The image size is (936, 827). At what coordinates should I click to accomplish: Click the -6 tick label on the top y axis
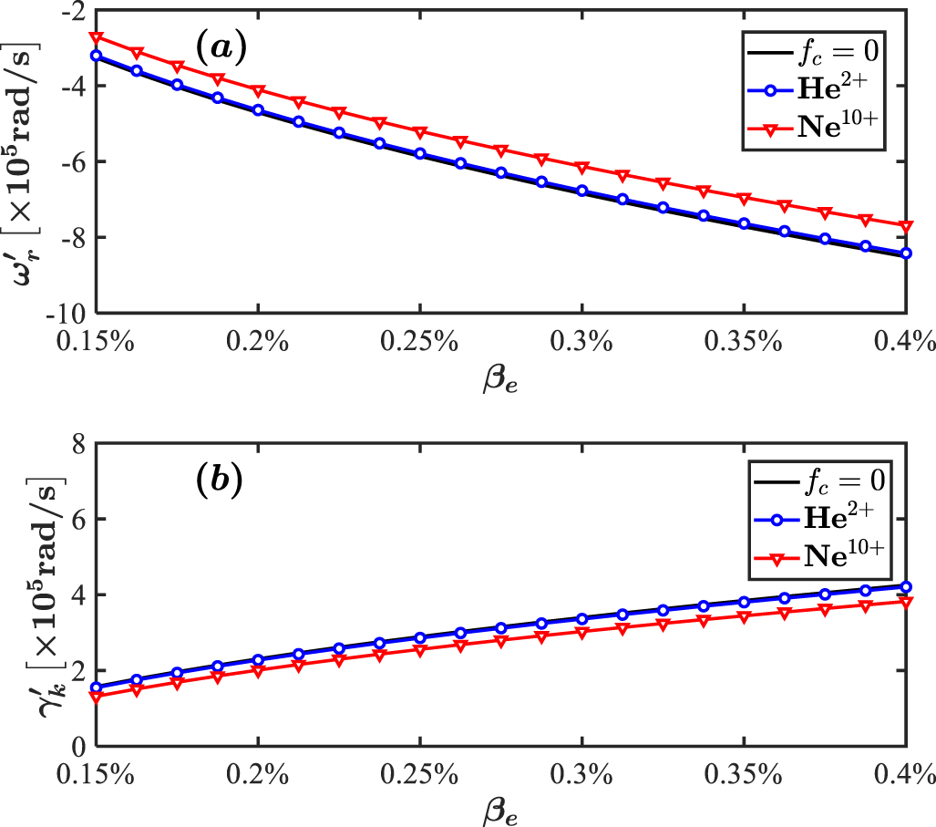click(72, 161)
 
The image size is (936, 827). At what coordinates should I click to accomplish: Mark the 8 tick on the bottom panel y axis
click(79, 443)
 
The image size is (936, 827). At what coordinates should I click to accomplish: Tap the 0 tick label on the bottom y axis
click(79, 746)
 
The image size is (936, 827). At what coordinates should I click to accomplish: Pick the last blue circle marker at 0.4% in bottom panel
click(905, 587)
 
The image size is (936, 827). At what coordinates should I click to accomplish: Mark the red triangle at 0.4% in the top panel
click(905, 225)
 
